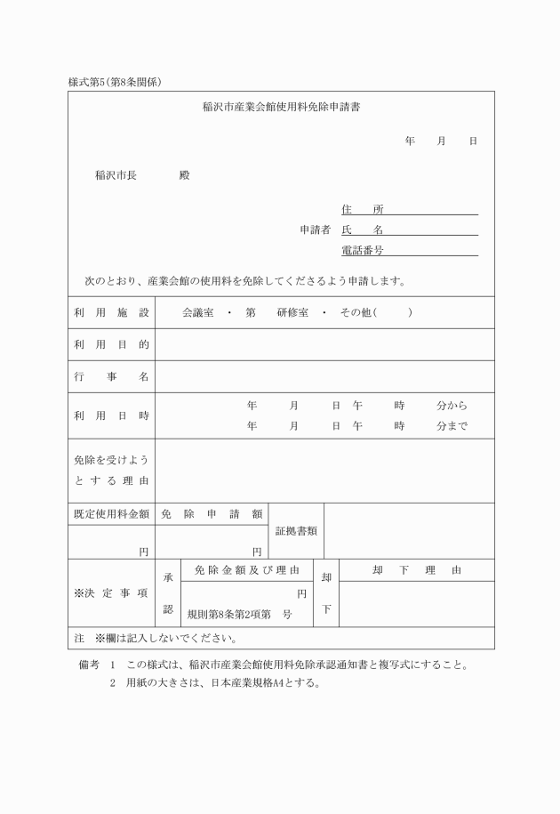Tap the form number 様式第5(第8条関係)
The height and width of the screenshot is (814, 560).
click(114, 82)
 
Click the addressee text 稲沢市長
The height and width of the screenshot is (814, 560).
click(116, 175)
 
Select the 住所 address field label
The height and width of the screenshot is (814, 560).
click(362, 209)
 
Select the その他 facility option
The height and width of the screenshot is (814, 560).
click(356, 313)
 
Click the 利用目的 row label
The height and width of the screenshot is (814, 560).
click(111, 344)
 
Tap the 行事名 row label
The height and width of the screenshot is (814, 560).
click(111, 376)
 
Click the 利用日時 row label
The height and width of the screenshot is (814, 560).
click(111, 415)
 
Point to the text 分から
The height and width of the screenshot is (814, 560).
click(452, 405)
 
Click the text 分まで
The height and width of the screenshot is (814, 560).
click(452, 426)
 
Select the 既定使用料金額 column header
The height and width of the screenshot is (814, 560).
click(111, 513)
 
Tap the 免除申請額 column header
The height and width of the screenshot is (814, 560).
click(211, 513)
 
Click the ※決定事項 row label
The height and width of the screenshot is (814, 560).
click(111, 592)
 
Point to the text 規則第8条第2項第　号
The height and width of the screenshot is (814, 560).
click(239, 614)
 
